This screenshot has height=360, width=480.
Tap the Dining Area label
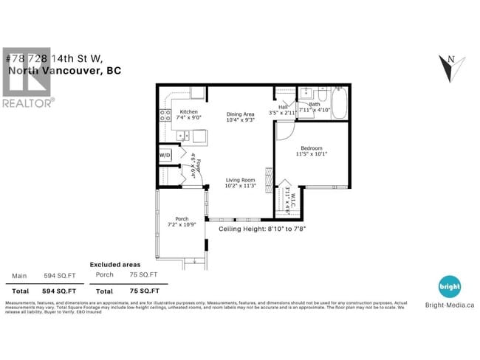click(x=239, y=114)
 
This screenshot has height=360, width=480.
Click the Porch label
click(x=181, y=218)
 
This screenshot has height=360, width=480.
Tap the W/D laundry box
click(x=165, y=156)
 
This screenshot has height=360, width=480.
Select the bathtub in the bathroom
click(x=339, y=104)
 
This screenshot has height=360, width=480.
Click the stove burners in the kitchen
click(x=164, y=115)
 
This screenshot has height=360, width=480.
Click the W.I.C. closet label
click(x=288, y=199)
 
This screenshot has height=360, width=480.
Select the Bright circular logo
click(x=449, y=286)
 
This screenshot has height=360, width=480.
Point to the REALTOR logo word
click(x=29, y=103)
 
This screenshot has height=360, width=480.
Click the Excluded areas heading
click(x=114, y=263)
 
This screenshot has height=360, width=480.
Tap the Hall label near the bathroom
click(x=283, y=108)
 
